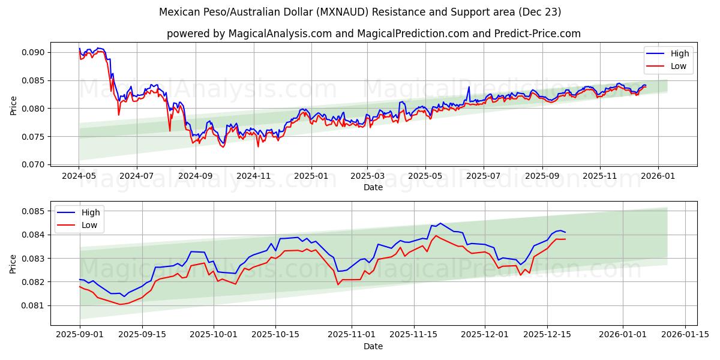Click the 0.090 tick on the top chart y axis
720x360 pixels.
click(x=34, y=52)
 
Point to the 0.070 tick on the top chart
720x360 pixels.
click(x=34, y=164)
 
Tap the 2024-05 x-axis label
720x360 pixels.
click(x=79, y=176)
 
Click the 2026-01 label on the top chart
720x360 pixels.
click(x=658, y=176)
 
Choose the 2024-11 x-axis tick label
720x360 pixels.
click(x=253, y=176)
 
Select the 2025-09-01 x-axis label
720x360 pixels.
click(x=79, y=334)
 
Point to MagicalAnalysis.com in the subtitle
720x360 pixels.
click(x=280, y=34)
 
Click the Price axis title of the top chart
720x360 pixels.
click(x=14, y=105)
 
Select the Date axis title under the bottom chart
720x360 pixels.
click(x=373, y=346)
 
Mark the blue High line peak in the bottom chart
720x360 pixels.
click(x=440, y=223)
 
